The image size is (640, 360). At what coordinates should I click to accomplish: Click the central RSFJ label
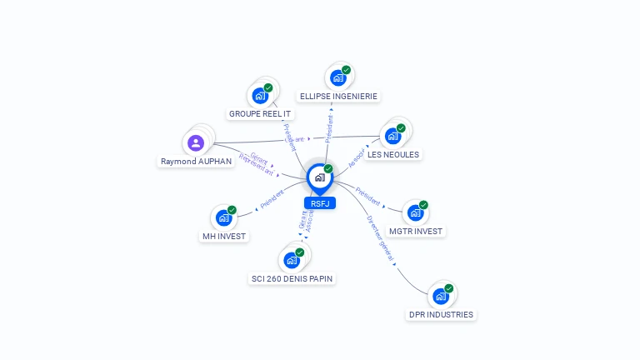[320, 203]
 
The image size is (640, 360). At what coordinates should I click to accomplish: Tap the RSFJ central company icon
[319, 177]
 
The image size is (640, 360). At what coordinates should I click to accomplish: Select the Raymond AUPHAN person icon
[196, 143]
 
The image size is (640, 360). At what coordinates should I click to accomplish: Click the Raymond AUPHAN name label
[196, 162]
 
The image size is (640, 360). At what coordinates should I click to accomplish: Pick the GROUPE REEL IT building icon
[260, 96]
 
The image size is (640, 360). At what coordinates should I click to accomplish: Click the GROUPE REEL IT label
[260, 114]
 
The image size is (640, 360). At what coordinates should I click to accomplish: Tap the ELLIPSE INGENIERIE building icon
[337, 78]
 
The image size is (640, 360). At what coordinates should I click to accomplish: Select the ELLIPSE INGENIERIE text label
[338, 97]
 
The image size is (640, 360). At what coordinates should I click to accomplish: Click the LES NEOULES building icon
[392, 136]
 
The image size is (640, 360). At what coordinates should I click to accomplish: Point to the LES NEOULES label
[393, 154]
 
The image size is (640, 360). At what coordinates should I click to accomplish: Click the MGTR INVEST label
[416, 231]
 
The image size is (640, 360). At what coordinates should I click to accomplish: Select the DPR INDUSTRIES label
[441, 315]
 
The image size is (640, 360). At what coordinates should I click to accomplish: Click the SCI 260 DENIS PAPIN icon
[292, 260]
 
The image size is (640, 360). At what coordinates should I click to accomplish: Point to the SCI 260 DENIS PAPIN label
[293, 278]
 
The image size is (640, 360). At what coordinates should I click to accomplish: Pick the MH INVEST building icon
[223, 217]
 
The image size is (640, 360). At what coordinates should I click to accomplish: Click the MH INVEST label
[224, 236]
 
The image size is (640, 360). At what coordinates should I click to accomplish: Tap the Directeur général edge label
[380, 238]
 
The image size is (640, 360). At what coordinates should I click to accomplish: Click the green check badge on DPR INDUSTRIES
[449, 288]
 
